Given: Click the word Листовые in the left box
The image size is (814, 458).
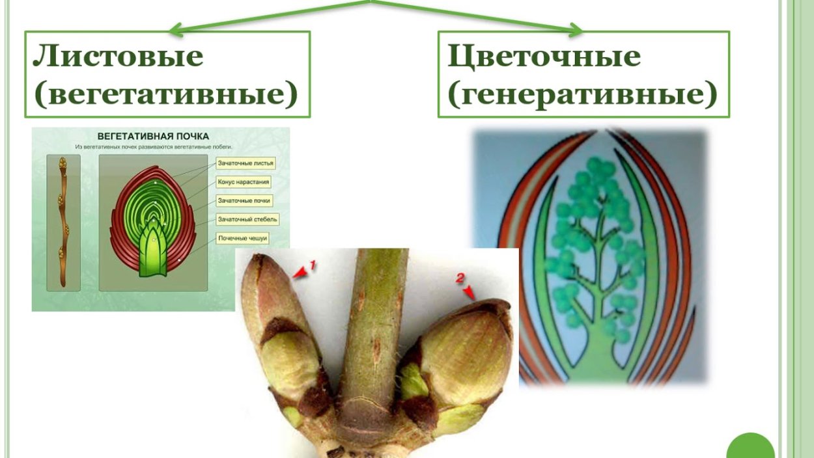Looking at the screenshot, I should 118,57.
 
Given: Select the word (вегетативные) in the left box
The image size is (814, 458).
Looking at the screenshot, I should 166,94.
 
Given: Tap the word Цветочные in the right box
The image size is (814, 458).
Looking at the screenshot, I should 544,57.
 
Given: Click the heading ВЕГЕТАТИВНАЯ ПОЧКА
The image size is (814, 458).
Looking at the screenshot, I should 153,137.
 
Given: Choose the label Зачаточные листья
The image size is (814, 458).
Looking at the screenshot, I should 246,163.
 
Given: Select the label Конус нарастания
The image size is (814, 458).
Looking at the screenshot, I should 244,182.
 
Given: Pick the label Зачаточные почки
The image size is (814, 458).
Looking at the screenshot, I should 244,201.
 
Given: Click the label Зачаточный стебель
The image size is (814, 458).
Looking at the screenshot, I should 247,220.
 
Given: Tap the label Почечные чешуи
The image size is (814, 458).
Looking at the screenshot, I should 242,239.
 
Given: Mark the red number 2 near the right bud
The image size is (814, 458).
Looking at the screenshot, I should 460,278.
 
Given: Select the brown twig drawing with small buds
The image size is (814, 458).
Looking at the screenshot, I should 63,221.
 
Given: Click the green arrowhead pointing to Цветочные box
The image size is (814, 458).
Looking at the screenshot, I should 575,29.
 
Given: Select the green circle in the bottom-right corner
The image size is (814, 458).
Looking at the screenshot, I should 750,449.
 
